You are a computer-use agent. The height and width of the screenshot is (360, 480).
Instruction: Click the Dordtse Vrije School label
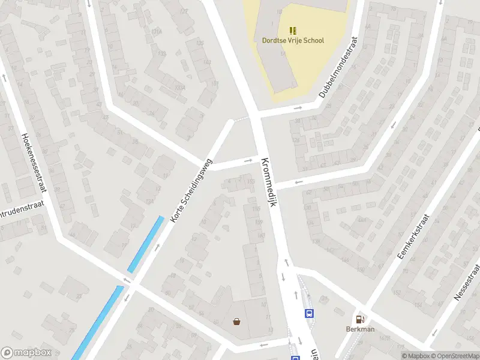[293, 41]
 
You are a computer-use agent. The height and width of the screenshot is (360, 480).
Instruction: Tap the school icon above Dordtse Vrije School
[293, 30]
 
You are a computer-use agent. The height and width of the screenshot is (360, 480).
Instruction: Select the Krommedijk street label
[268, 182]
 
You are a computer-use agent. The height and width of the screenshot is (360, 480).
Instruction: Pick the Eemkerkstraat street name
[414, 237]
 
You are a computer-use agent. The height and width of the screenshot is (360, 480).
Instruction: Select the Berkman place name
[360, 329]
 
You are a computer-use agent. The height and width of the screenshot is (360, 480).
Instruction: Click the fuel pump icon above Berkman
[360, 319]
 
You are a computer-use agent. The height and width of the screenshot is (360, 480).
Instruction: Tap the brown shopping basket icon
[237, 321]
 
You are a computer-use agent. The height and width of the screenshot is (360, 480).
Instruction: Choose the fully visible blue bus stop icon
[310, 313]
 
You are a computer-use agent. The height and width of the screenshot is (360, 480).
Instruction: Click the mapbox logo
[26, 353]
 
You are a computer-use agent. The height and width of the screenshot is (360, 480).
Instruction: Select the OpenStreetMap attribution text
[454, 356]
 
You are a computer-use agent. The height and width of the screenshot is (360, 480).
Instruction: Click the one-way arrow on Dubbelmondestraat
[298, 109]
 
